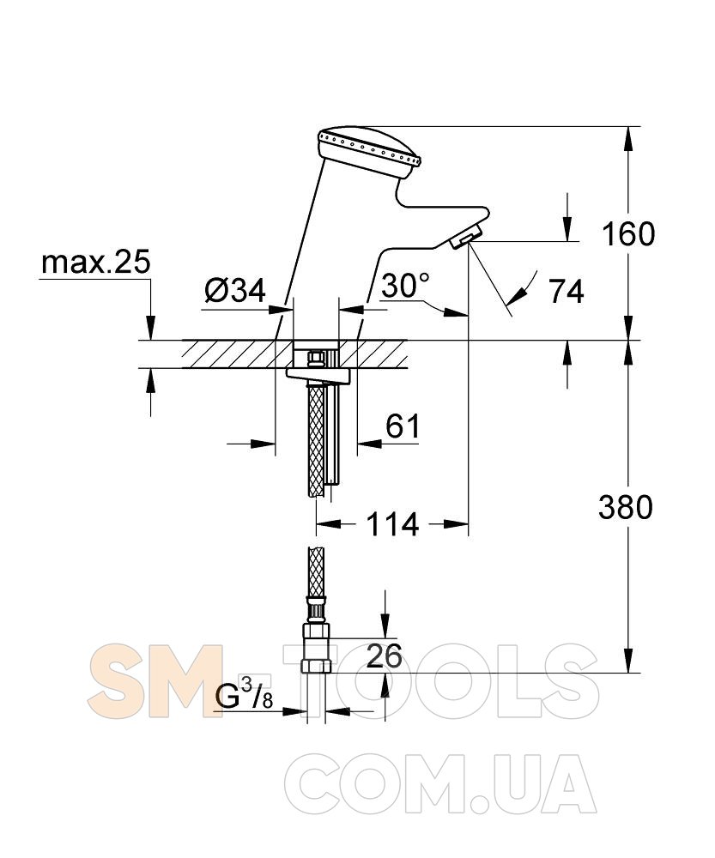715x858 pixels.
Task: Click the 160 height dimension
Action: (628, 233)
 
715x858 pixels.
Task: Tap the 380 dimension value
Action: (625, 507)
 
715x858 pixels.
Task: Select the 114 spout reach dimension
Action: (392, 524)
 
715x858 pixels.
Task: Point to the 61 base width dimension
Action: (403, 426)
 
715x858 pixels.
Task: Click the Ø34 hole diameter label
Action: (235, 290)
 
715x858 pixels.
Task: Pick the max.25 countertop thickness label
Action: (96, 262)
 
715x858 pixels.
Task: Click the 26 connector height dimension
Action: (384, 656)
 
